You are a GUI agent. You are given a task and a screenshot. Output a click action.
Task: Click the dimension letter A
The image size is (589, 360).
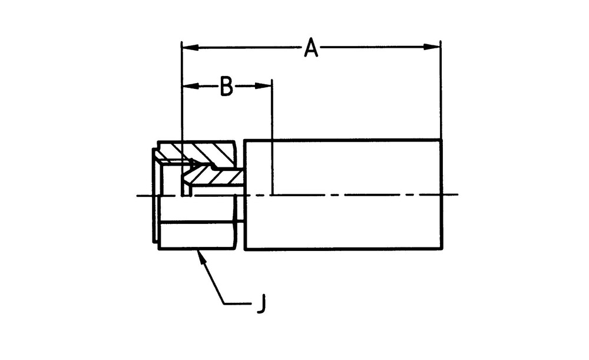311,47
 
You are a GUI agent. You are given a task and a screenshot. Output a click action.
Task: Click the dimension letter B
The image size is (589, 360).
226,86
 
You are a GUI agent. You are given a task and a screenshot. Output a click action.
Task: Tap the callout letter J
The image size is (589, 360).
262,303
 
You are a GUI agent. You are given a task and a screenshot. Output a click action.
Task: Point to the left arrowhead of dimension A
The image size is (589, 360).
190,47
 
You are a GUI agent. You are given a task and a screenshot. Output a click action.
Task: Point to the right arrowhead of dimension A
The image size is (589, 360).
432,47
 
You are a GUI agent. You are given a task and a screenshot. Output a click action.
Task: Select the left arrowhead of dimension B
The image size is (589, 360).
190,86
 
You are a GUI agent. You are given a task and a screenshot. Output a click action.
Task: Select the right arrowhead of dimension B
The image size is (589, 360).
263,86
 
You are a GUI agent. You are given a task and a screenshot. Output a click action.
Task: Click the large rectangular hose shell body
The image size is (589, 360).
343,194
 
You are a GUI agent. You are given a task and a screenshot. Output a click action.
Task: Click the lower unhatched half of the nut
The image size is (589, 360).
197,235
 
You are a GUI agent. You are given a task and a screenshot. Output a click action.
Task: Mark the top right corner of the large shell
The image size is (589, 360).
442,140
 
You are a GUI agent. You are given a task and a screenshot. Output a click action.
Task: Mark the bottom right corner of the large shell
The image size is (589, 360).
442,249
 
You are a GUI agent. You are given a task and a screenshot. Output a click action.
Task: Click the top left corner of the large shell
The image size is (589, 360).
245,140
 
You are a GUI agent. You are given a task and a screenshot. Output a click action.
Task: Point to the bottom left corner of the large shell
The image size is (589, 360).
245,249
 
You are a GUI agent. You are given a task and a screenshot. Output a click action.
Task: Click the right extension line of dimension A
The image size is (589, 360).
441,90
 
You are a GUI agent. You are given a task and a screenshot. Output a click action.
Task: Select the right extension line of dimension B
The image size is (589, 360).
272,137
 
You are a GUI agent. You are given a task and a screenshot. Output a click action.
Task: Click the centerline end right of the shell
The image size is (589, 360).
458,194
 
